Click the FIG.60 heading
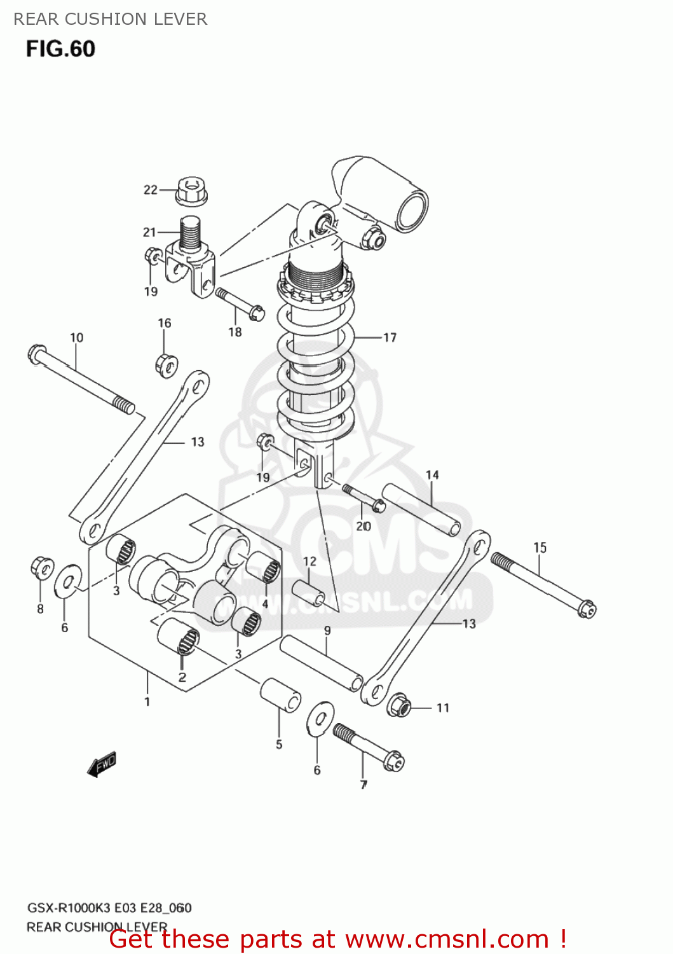tap(60, 49)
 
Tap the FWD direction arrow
tap(102, 764)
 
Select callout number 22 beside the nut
tap(150, 190)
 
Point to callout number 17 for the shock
tap(390, 338)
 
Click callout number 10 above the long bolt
tap(76, 338)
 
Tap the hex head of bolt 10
tap(37, 354)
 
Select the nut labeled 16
tap(166, 364)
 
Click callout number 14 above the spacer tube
tap(432, 475)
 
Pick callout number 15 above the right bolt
tap(540, 548)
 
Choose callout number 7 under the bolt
tap(364, 785)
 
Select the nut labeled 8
tap(43, 567)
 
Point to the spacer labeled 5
tap(280, 695)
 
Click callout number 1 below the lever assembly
tap(147, 702)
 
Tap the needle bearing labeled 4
tap(264, 567)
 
